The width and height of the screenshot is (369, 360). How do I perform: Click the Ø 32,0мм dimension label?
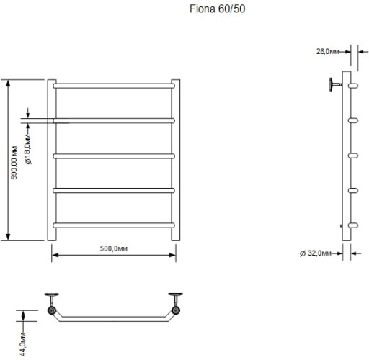316,253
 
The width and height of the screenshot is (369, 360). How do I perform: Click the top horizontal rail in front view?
113,85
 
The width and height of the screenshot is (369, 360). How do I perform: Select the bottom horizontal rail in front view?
113,225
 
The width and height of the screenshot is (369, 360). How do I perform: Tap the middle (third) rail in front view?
113,155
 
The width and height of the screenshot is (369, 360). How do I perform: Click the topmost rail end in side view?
353,86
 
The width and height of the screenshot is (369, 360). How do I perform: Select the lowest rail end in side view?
353,225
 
